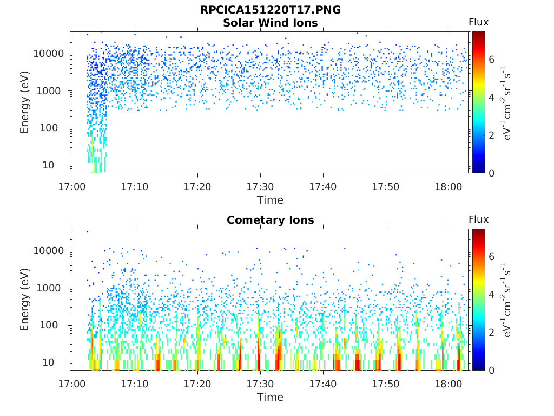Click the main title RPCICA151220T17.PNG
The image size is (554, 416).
[271, 10]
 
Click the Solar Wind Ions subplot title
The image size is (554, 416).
[271, 23]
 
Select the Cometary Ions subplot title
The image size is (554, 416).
[271, 220]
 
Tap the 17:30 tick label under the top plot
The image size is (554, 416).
[260, 187]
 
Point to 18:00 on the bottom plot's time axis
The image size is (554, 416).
[449, 384]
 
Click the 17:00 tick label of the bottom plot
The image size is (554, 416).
[72, 384]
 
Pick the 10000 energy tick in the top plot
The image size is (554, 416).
[48, 54]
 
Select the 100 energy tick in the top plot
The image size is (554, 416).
[48, 128]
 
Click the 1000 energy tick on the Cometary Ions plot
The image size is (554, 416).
[48, 288]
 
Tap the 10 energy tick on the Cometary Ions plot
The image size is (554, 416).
[48, 362]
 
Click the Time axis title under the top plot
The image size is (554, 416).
[271, 200]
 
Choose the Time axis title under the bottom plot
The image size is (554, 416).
[271, 397]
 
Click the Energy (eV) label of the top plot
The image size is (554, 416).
[24, 102]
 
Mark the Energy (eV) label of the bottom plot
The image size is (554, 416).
[24, 300]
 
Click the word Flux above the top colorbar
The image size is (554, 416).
[478, 22]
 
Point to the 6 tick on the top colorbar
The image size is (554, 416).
[491, 60]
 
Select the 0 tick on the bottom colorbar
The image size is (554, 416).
[491, 370]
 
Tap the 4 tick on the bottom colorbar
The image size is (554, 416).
[491, 294]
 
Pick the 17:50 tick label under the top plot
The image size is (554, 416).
[385, 187]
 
